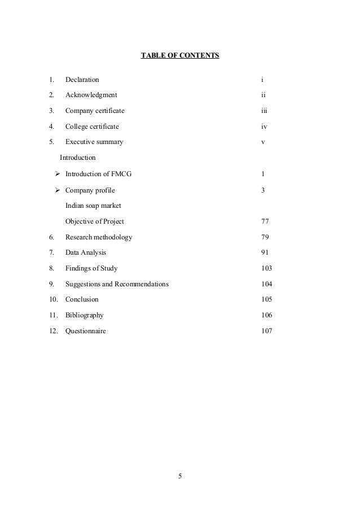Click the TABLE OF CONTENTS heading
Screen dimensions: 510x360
(179, 56)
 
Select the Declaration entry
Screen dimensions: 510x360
(82, 80)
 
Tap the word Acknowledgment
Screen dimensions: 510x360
(91, 95)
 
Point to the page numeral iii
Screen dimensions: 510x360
(264, 111)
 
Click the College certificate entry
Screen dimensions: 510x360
(92, 127)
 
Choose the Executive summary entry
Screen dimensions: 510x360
(94, 142)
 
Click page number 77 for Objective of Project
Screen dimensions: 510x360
(265, 221)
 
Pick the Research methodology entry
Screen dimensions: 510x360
(99, 237)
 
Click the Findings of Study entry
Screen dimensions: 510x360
(91, 268)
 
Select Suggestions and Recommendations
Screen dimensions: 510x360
(117, 284)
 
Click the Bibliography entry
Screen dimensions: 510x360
(84, 315)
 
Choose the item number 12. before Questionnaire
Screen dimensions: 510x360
(54, 331)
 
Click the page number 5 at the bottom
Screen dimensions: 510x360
(180, 475)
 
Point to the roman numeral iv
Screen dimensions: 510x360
(264, 127)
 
